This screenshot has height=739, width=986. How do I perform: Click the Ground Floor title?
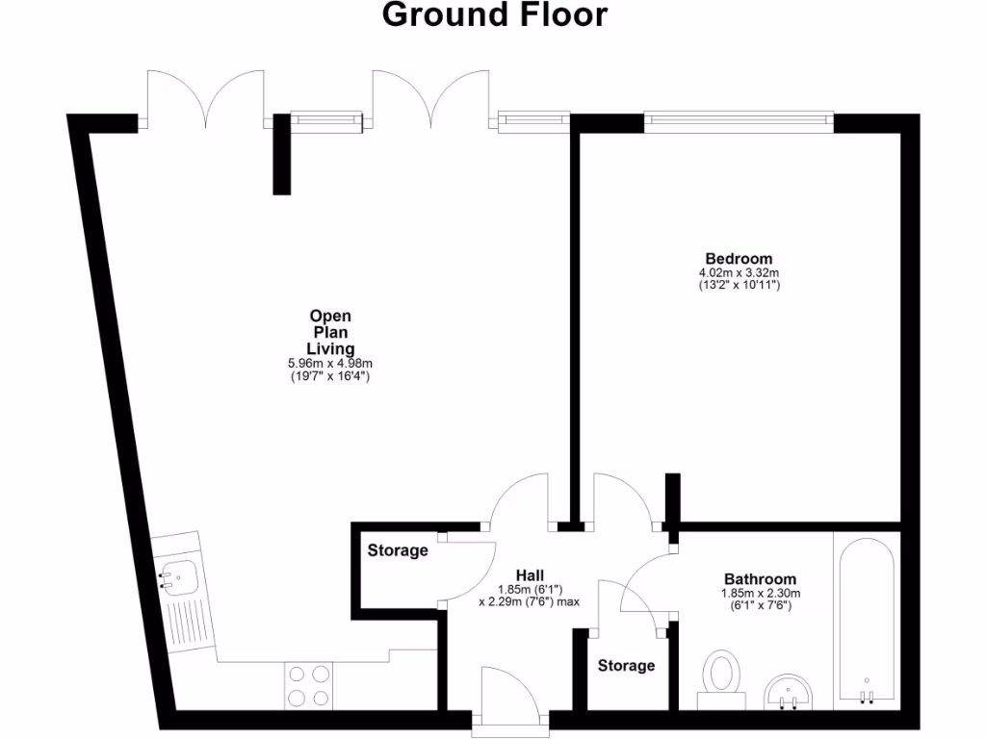(x=495, y=15)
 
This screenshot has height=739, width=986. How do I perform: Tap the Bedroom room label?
(x=739, y=259)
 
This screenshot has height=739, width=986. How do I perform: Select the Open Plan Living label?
(x=330, y=332)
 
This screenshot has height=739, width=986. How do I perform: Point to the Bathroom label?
(x=760, y=579)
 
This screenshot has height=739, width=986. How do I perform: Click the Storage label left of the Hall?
(x=398, y=550)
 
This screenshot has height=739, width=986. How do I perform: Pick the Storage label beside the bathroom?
(x=626, y=665)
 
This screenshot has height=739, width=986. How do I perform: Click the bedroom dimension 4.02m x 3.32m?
(x=739, y=273)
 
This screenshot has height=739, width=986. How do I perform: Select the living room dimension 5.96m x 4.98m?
(x=330, y=363)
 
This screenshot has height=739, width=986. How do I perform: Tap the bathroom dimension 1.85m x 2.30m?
(x=761, y=594)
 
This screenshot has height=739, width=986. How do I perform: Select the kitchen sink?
(x=179, y=578)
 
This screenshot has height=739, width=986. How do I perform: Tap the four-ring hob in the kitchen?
(x=309, y=686)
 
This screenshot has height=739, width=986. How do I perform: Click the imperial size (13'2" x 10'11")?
(x=739, y=286)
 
